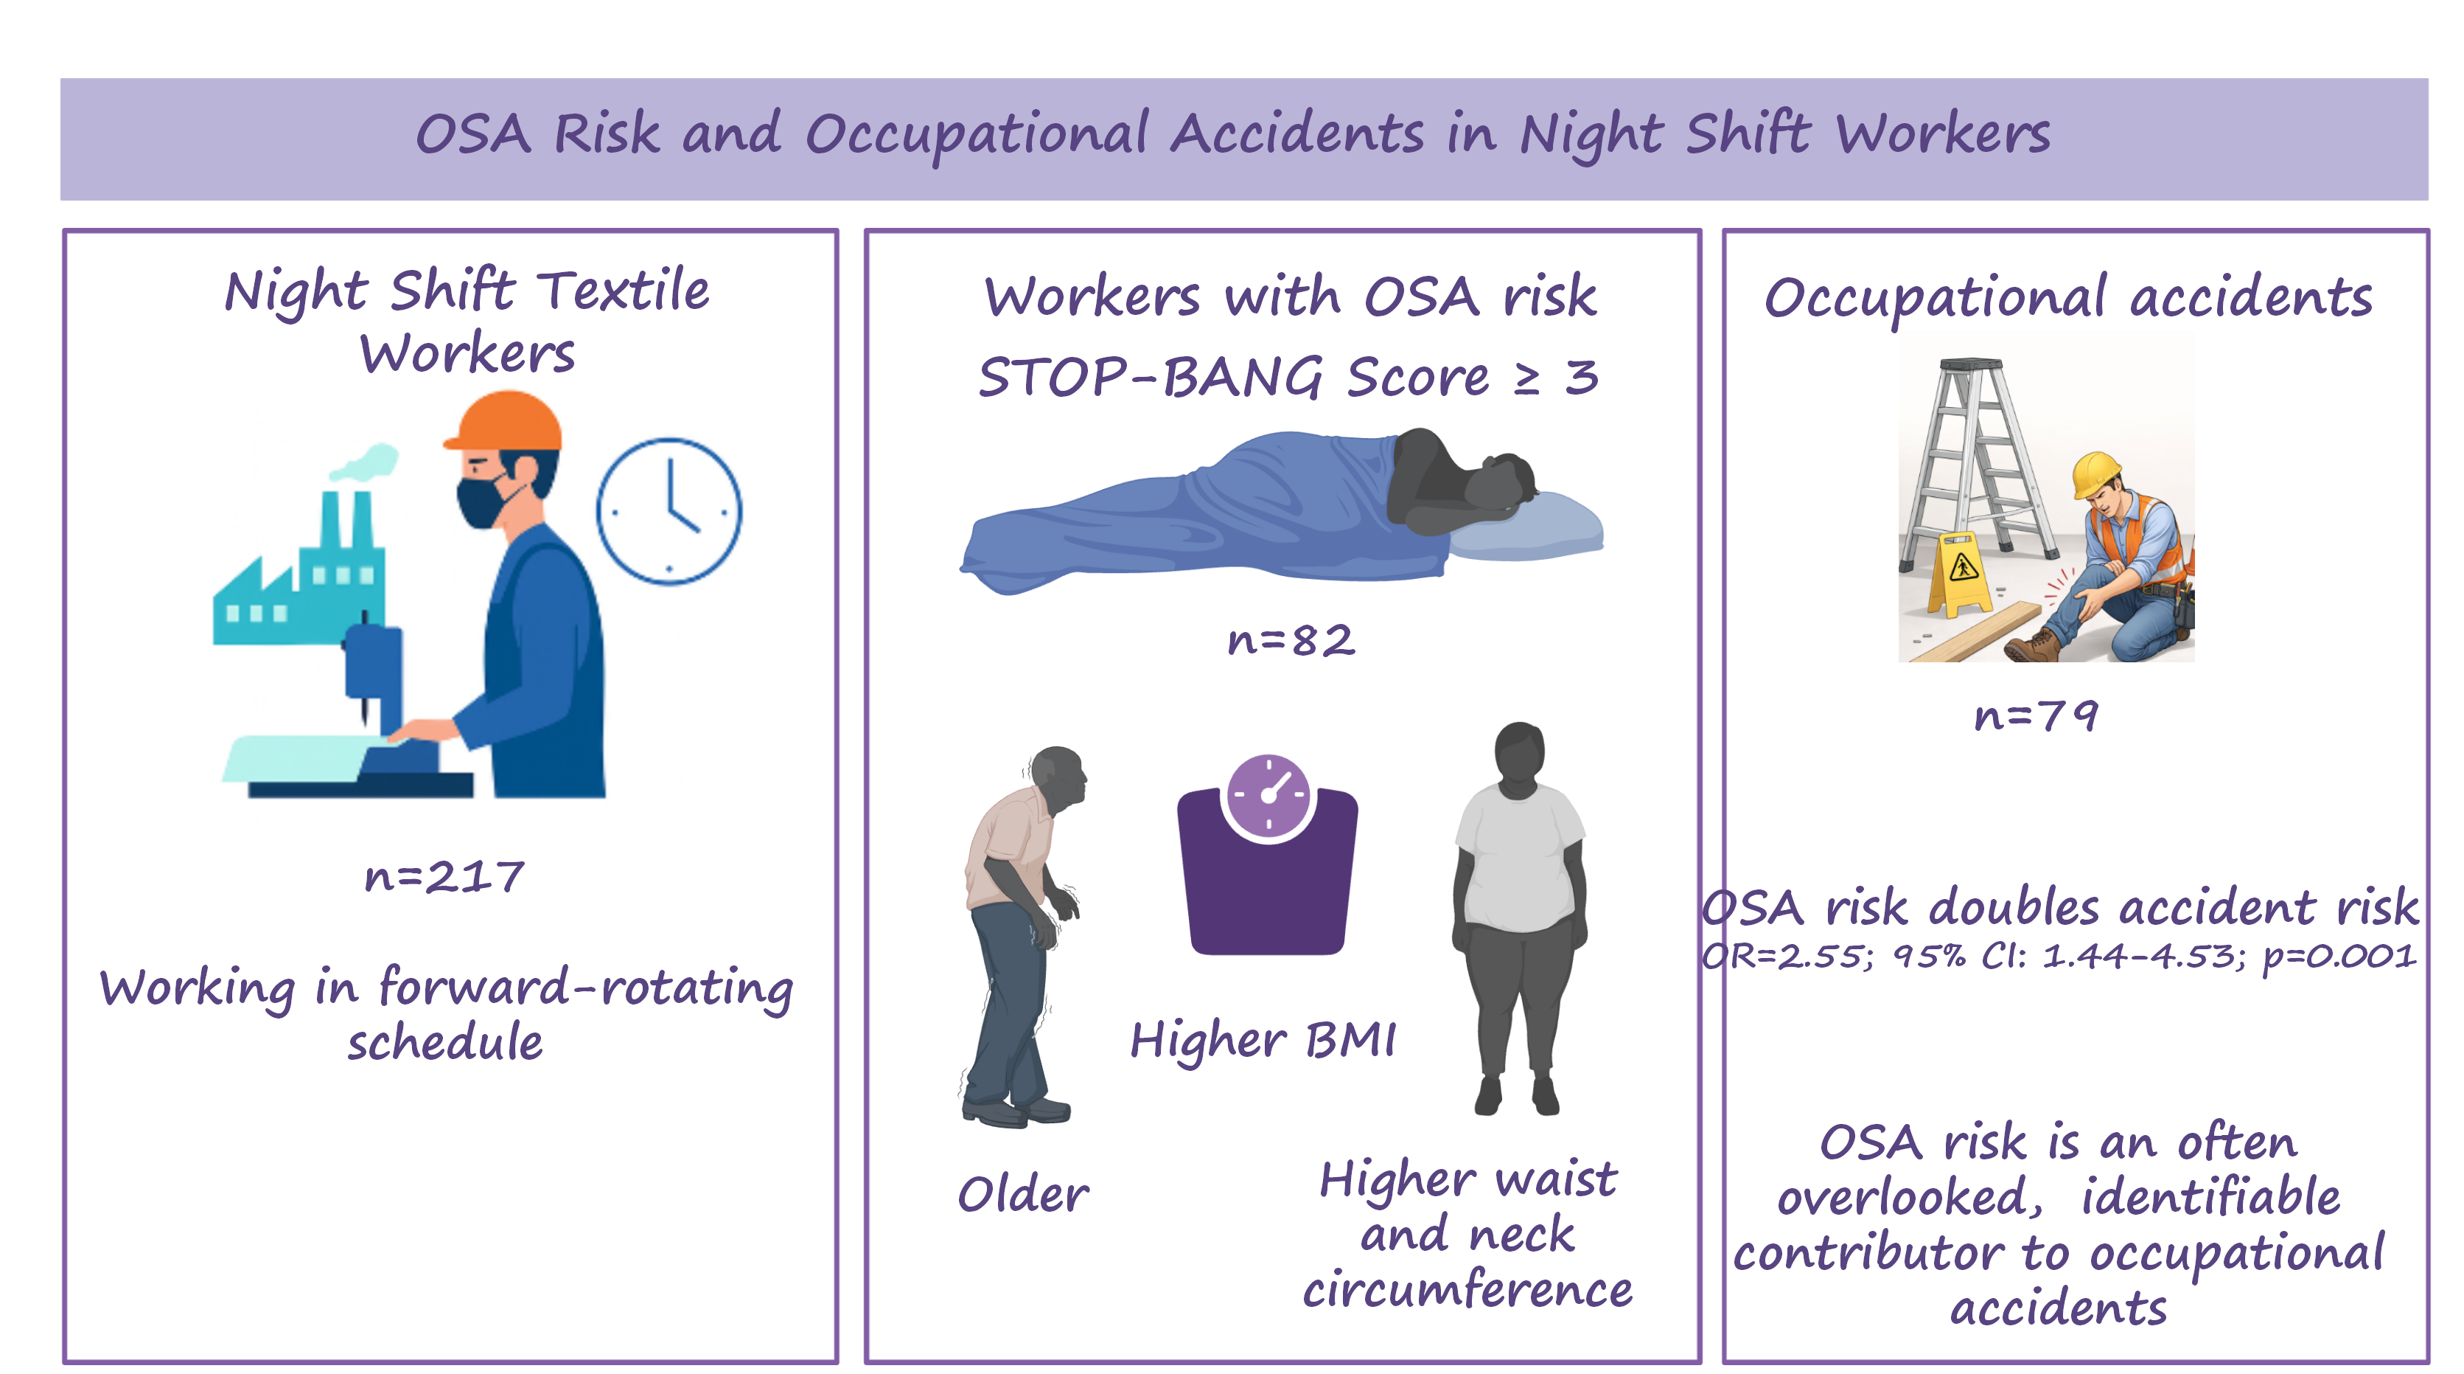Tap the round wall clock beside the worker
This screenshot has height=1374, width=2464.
[x=669, y=511]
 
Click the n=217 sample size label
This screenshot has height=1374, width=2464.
[x=444, y=875]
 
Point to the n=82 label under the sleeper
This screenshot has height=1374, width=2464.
[x=1291, y=640]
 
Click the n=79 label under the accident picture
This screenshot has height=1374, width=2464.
[x=2037, y=715]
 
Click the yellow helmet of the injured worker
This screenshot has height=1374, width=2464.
[x=2098, y=473]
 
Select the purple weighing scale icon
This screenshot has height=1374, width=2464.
[x=1268, y=855]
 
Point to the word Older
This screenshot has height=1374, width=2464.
[x=1024, y=1194]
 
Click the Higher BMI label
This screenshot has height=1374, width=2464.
[x=1263, y=1039]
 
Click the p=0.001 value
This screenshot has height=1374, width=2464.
[x=2339, y=957]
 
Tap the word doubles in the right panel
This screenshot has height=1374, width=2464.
[x=2014, y=906]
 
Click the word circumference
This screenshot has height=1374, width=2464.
[x=1468, y=1289]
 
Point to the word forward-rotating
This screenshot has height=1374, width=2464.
[x=585, y=988]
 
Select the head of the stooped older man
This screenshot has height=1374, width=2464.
[x=1059, y=776]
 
